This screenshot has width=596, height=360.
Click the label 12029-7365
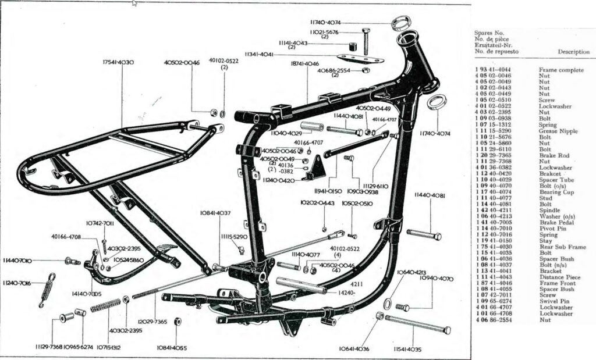153,322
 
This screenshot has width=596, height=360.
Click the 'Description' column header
573,52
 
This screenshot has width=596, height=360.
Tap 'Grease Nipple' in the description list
558,131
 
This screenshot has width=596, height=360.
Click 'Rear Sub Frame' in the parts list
562,247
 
